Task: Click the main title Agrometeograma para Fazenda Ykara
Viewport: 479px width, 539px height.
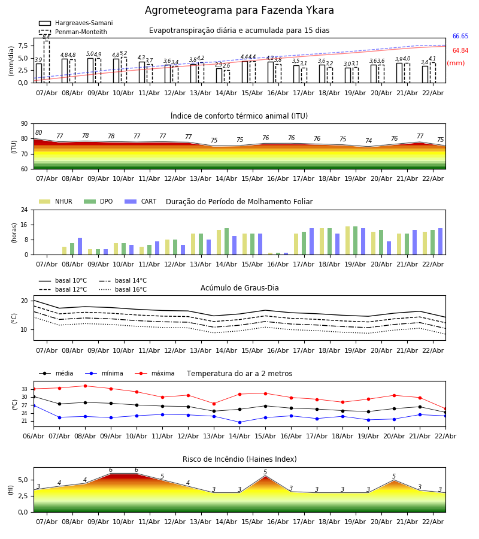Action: tap(239, 11)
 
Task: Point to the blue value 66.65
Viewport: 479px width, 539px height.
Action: tap(460, 37)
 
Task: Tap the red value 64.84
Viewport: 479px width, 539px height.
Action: tap(460, 51)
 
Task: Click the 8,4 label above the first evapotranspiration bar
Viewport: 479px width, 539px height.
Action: tap(46, 37)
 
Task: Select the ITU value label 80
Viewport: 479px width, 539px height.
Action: tap(39, 133)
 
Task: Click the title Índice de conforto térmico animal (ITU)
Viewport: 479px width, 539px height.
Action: tap(239, 116)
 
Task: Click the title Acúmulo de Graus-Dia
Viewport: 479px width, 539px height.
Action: tap(239, 288)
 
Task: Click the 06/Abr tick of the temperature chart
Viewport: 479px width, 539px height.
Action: tap(34, 435)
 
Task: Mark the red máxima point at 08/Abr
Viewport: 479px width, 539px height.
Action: tap(85, 386)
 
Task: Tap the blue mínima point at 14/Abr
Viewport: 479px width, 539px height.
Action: tap(239, 422)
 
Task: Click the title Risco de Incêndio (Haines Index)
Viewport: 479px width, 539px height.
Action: tap(239, 459)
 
